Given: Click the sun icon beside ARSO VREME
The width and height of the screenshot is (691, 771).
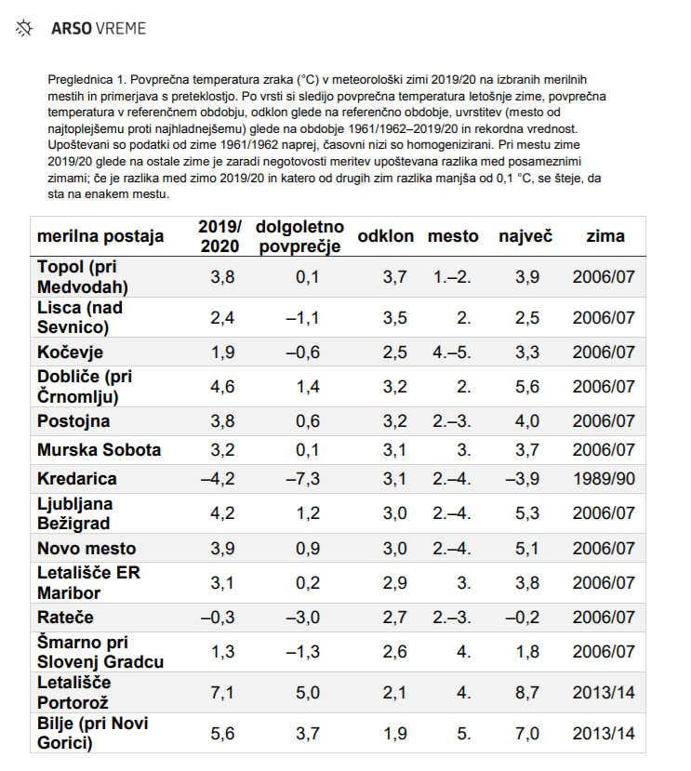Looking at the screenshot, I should (24, 29).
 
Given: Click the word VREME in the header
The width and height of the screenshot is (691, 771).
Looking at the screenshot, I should (121, 29).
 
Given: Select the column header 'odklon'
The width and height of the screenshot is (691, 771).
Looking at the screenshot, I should (385, 236).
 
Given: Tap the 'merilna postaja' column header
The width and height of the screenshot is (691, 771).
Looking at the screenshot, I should (100, 236).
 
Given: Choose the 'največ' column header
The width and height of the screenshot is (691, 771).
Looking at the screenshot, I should (525, 236).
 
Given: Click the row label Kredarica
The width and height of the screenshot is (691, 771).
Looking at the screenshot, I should (77, 479).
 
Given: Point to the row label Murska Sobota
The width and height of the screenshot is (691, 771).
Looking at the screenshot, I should (99, 450).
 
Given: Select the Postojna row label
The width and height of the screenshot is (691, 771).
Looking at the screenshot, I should (74, 421).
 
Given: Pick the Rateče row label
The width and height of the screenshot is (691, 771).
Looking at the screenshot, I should (65, 618).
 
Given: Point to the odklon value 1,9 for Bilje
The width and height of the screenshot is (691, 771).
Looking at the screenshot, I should (395, 734).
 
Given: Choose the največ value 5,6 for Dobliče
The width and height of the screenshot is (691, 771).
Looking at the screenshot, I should (527, 387).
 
